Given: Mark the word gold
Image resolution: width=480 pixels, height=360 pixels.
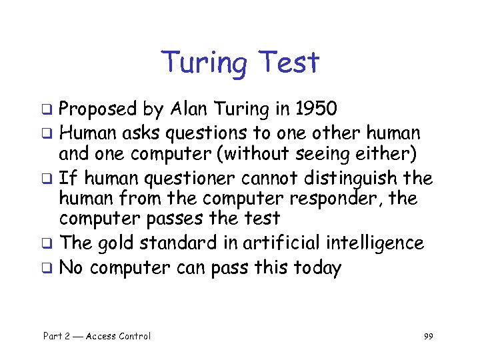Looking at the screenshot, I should click(x=113, y=243).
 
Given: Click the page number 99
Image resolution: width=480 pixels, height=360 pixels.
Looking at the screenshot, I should click(x=428, y=337).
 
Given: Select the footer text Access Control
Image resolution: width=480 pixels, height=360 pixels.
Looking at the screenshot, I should click(x=118, y=336).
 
